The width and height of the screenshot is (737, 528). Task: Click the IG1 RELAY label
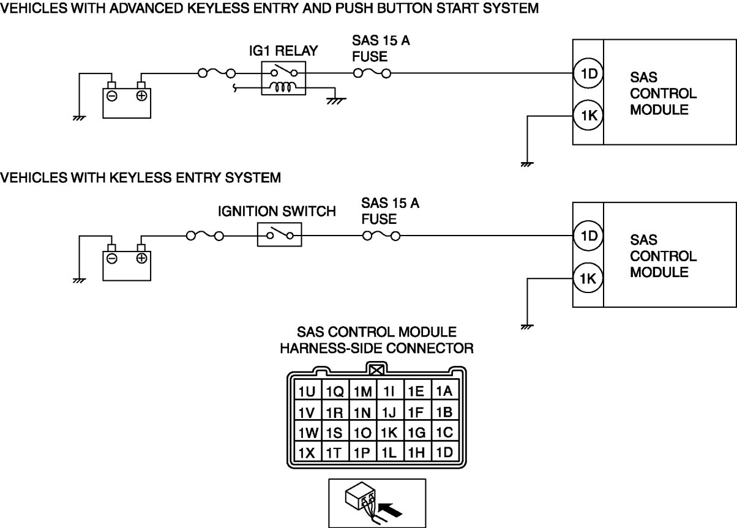(x=283, y=51)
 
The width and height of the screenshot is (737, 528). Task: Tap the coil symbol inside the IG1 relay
(x=283, y=87)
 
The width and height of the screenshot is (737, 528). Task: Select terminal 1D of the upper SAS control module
(x=588, y=73)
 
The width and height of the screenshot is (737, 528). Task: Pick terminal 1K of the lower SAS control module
(x=588, y=278)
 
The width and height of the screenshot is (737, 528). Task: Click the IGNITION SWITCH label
(x=277, y=211)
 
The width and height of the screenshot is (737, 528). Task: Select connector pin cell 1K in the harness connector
(x=390, y=432)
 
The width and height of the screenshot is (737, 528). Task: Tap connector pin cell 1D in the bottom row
(x=445, y=452)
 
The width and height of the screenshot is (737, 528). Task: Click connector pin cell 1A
(x=445, y=390)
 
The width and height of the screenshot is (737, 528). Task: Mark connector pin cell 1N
(x=362, y=411)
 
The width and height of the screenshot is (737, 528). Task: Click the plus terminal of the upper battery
(x=141, y=96)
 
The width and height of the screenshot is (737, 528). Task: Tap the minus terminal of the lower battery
(x=112, y=258)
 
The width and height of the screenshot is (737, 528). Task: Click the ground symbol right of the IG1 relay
(x=335, y=101)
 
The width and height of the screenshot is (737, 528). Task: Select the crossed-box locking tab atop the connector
(x=376, y=370)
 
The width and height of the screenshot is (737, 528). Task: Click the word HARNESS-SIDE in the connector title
(x=331, y=348)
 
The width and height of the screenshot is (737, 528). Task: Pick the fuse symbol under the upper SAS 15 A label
(x=372, y=73)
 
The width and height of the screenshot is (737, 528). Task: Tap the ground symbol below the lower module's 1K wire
(x=527, y=327)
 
